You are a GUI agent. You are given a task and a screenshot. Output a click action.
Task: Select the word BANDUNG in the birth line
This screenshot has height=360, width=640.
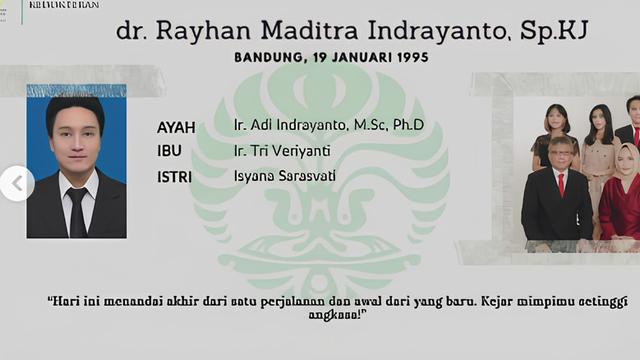[269, 58]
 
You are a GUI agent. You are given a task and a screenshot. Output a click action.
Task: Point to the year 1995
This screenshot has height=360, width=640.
[410, 58]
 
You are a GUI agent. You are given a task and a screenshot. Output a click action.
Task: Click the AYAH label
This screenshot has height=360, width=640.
[176, 127]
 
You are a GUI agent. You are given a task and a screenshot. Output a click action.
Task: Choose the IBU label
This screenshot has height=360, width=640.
[169, 152]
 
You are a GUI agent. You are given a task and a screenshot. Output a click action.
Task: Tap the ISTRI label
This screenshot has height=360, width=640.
[175, 177]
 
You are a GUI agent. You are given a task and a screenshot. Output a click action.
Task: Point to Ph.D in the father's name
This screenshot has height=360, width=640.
[407, 125]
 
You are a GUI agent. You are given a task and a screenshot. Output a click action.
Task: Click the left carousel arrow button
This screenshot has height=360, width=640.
[16, 183]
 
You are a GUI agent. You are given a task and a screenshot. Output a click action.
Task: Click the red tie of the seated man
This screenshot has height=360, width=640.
[561, 184]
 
